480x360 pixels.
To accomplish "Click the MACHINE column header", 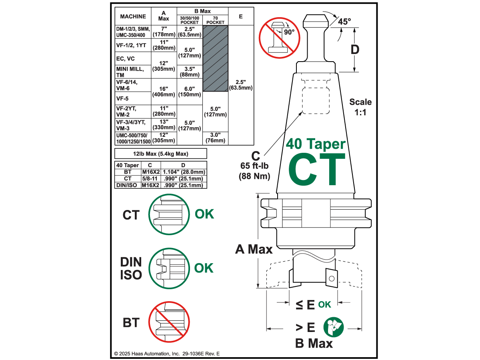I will [133, 16].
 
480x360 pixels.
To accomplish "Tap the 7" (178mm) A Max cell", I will [164, 32].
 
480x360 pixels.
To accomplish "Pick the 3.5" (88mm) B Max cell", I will [190, 72].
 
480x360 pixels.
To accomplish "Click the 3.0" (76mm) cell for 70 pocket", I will [215, 138].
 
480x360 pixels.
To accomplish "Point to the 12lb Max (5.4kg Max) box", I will [160, 154].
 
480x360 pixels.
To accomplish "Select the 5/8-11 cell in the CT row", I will [150, 178].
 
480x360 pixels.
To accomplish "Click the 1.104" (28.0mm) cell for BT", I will [184, 172].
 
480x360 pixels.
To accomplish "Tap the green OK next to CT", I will [204, 214].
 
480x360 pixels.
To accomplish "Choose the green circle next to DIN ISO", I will [168, 268].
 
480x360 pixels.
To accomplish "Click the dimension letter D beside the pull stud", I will [355, 50].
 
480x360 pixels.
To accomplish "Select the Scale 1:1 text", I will [360, 107].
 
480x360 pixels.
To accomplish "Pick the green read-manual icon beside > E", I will [333, 327].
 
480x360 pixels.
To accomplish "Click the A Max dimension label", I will [254, 250].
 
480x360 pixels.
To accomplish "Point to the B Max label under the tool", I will [314, 343].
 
